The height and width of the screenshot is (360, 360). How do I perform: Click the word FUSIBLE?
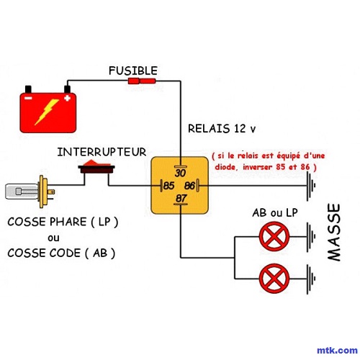pyautogui.click(x=133, y=71)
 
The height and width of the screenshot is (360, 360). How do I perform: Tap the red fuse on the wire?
pyautogui.click(x=142, y=81)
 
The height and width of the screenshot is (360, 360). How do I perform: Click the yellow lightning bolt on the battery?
pyautogui.click(x=48, y=112)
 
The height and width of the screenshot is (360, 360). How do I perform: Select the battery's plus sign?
pyautogui.click(x=68, y=98)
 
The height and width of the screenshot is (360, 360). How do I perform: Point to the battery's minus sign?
pyautogui.click(x=28, y=98)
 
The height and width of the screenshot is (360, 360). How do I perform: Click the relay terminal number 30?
pyautogui.click(x=180, y=173)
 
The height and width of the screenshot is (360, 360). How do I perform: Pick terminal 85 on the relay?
pyautogui.click(x=168, y=186)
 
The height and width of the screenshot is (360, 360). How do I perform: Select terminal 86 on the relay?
pyautogui.click(x=189, y=186)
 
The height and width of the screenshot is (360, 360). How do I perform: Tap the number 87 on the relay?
pyautogui.click(x=181, y=198)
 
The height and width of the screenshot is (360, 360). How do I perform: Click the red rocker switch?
pyautogui.click(x=96, y=166)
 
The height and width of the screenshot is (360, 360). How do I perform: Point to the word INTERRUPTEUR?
pyautogui.click(x=102, y=152)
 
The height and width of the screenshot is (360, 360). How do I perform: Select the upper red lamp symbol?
pyautogui.click(x=274, y=236)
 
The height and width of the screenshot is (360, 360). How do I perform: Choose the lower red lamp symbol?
pyautogui.click(x=274, y=279)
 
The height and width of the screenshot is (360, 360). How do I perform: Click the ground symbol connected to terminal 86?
pyautogui.click(x=311, y=186)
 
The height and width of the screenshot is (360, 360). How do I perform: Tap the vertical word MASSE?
pyautogui.click(x=334, y=233)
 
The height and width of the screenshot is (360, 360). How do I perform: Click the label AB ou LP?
pyautogui.click(x=275, y=213)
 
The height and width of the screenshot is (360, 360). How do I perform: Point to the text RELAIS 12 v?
pyautogui.click(x=222, y=129)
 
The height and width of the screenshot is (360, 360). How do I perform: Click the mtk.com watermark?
pyautogui.click(x=337, y=351)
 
